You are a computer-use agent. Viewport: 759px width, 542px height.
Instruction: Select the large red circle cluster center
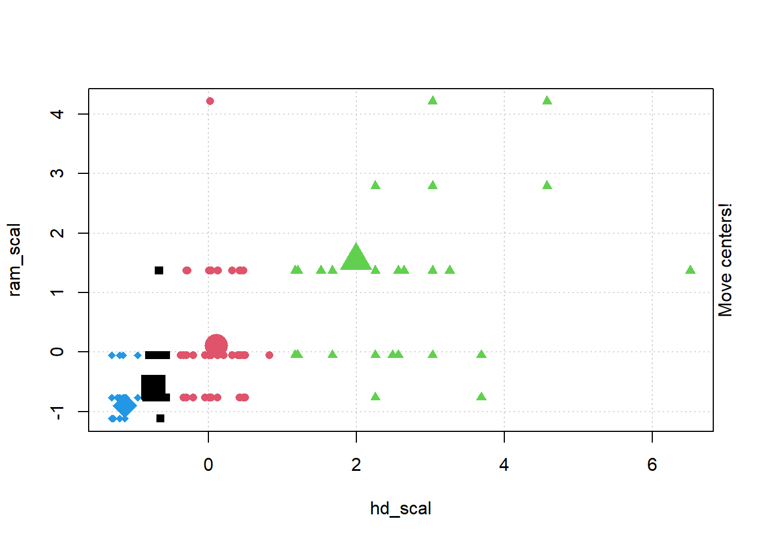pos(216,346)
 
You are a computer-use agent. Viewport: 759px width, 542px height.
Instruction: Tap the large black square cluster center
pos(153,387)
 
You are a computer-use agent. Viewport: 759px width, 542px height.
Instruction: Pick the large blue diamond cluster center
pos(125,405)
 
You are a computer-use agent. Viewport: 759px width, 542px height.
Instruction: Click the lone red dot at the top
pos(210,101)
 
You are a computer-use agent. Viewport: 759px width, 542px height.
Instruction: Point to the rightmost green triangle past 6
pos(690,270)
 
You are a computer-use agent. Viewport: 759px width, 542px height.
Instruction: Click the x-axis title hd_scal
pos(400,509)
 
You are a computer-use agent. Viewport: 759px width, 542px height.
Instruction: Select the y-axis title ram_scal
pos(15,260)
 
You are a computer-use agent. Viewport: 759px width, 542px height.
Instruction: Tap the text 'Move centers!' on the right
pos(725,260)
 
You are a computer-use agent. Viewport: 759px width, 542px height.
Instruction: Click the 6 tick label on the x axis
pos(652,465)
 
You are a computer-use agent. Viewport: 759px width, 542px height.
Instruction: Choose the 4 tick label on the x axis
pos(504,465)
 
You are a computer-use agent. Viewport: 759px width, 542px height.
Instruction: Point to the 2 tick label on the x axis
pos(356,465)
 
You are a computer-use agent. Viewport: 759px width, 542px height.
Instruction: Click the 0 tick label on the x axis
pos(208,465)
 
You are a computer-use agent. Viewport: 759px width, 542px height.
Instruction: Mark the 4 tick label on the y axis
pos(57,114)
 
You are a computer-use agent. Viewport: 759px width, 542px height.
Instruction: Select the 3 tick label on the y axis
pos(57,173)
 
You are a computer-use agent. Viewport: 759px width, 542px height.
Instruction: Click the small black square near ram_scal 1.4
pos(159,270)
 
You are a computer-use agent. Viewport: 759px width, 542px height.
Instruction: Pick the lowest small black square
pos(160,418)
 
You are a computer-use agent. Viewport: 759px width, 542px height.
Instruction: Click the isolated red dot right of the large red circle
pos(269,355)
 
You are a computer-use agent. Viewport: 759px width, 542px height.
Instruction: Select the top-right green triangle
pos(547,101)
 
